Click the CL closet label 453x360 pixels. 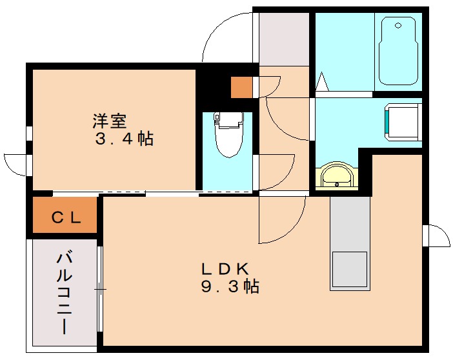point(66,218)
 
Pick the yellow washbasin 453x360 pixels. point(336,175)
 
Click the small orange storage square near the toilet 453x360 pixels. point(242,87)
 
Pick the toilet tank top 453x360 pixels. point(226,118)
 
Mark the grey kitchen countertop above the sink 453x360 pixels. point(350,223)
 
